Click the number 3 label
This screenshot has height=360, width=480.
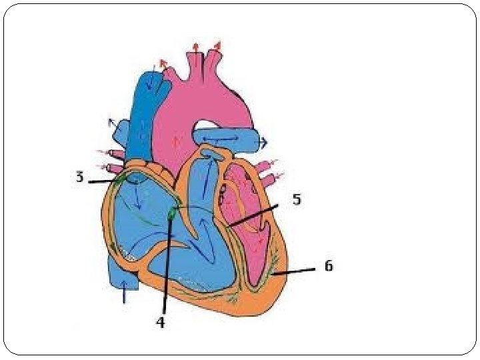79,177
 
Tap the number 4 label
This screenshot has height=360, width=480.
160,322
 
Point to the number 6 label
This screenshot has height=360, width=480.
327,266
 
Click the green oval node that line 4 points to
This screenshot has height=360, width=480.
173,213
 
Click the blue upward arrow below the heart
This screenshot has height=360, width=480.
123,293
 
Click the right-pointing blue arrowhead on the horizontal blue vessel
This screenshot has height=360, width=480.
263,142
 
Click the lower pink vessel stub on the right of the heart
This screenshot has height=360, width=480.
270,180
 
